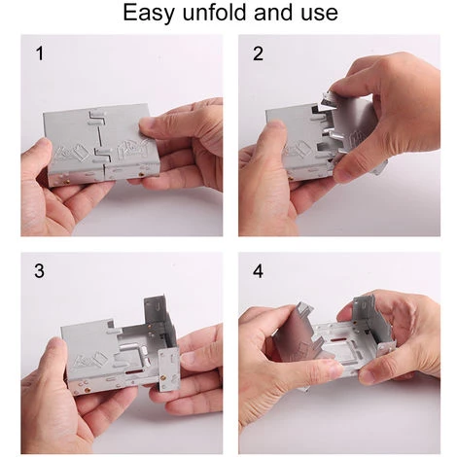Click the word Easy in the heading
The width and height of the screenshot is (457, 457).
149,13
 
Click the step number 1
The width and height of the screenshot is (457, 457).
40,53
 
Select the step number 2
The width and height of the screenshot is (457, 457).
258,53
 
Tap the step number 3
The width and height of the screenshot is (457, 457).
39,271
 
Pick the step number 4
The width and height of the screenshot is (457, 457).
258,271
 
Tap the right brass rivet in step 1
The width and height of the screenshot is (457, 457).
141,174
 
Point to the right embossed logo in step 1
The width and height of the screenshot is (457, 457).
131,150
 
